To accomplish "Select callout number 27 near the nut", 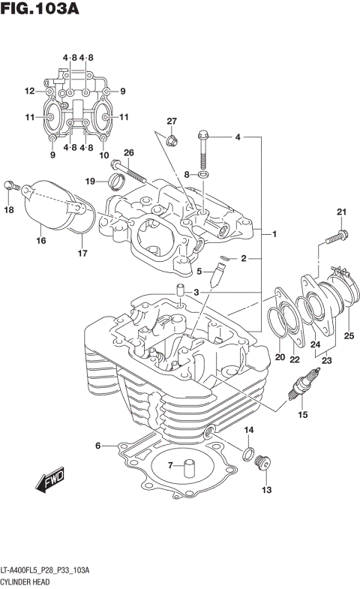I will pos(171,122).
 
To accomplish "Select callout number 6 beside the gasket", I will pos(97,446).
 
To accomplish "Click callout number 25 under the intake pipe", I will pos(347,335).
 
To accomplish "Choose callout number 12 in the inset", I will pos(29,92).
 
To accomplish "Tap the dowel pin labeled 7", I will pos(187,468).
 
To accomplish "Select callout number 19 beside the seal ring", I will pos(90,181).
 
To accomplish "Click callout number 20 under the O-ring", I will pos(279,357).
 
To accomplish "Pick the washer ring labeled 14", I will pos(247,452).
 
